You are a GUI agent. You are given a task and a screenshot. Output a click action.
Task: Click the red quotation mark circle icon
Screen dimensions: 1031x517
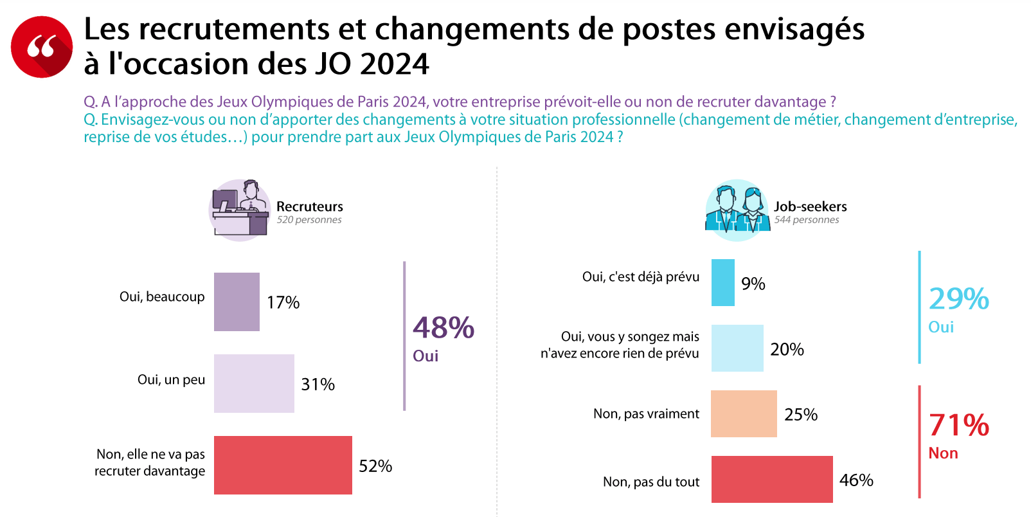tap(41, 47)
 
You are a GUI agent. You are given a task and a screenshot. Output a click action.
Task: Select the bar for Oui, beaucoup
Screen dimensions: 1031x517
tap(237, 302)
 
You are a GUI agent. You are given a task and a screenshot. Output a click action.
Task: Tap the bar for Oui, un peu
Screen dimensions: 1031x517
tap(254, 383)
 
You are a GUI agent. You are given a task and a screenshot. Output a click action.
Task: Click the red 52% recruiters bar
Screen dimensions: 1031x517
tap(283, 465)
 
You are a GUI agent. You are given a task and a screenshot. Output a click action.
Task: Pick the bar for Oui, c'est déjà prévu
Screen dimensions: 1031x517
tap(722, 282)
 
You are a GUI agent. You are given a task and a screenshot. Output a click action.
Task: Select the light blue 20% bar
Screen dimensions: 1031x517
tap(737, 348)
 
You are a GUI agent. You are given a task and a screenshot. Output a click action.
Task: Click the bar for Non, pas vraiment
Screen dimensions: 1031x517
tap(744, 413)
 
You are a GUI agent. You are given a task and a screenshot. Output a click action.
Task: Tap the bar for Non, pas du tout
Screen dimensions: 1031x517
tap(772, 479)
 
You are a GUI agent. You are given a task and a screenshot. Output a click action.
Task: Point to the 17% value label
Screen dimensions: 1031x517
tap(283, 302)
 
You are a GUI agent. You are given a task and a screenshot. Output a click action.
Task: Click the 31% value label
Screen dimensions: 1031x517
tap(318, 385)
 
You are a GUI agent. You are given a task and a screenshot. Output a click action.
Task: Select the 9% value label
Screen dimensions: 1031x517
tap(753, 284)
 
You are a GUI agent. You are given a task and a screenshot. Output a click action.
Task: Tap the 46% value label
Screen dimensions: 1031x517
tap(856, 480)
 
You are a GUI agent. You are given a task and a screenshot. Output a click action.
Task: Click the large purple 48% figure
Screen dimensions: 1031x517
tap(444, 327)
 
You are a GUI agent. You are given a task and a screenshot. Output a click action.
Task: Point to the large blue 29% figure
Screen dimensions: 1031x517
tap(959, 299)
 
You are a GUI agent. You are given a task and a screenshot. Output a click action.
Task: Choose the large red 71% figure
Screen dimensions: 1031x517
tap(959, 424)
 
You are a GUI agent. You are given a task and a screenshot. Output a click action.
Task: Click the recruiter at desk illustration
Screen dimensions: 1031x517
tap(239, 210)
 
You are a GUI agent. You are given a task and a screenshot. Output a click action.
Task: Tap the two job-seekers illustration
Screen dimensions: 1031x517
tap(737, 210)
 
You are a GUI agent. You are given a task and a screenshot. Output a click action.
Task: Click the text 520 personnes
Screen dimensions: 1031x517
tap(309, 220)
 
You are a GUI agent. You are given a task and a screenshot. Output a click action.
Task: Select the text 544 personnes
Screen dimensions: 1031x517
tap(807, 220)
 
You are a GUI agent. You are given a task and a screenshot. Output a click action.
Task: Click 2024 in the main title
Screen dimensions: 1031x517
tap(395, 64)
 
